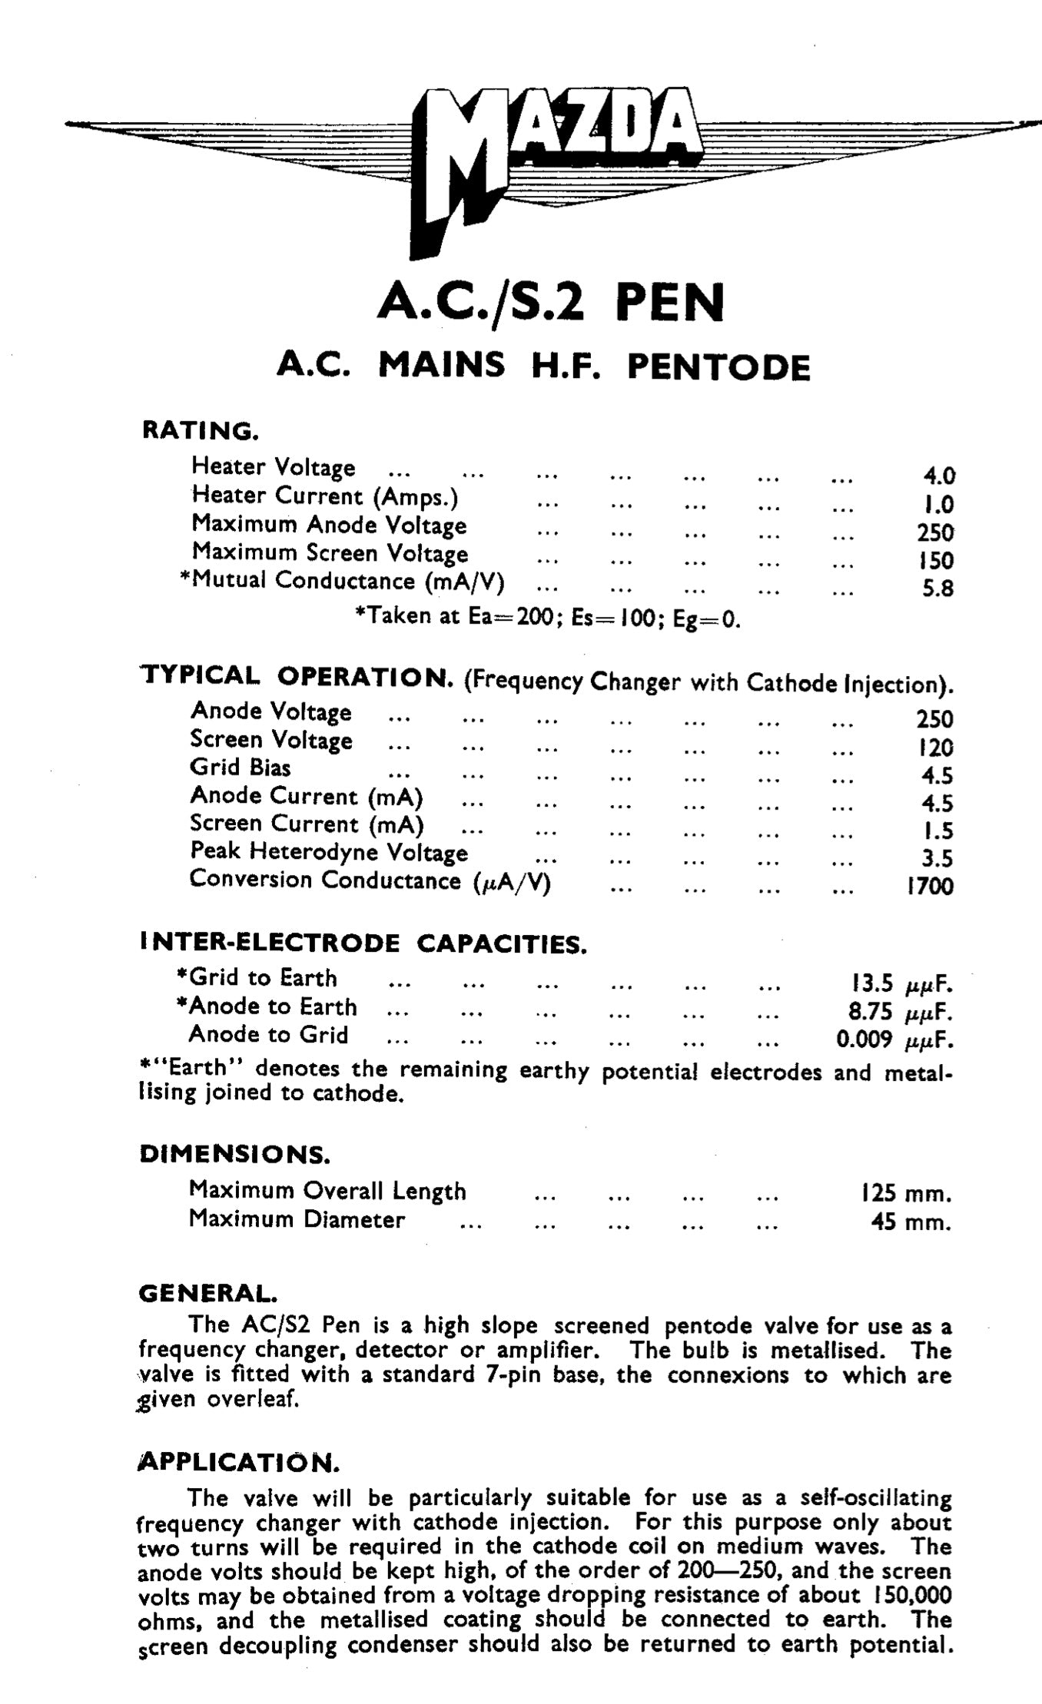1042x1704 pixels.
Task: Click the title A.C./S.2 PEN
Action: coord(551,303)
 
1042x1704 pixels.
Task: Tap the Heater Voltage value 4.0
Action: coord(938,476)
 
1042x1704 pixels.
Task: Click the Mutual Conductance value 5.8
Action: coord(937,589)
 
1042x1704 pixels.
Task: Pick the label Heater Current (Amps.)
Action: coord(325,497)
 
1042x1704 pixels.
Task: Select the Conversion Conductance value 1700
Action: coord(930,887)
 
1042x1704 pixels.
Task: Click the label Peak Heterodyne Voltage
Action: coord(329,852)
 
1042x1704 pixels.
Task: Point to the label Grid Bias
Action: coord(241,767)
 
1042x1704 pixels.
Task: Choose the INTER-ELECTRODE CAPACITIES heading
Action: coord(363,943)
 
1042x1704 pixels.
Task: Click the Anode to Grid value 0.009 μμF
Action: coord(894,1040)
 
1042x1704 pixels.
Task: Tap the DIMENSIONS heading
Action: coord(234,1155)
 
